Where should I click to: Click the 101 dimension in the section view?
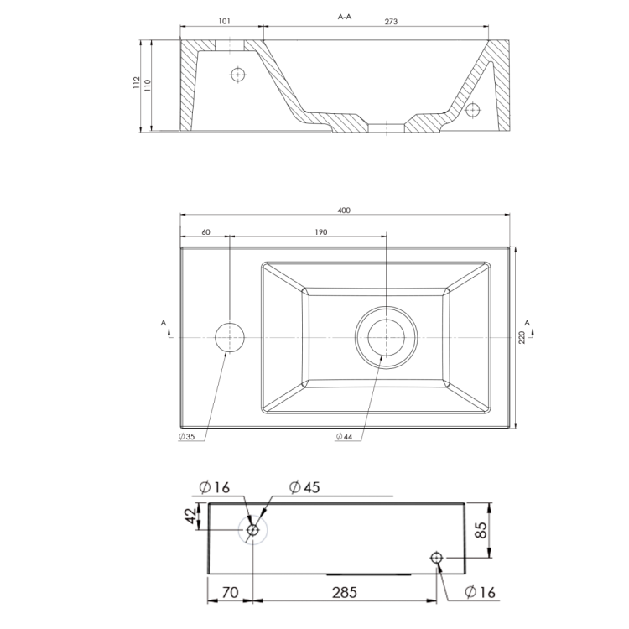point(224,23)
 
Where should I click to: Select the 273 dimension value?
point(391,23)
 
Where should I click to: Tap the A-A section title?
point(344,16)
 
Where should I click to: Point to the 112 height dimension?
point(136,84)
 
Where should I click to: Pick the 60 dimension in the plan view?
point(205,232)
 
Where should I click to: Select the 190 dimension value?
point(320,232)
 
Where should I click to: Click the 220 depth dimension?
point(521,336)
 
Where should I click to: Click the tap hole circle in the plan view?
point(229,336)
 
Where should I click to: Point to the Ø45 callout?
point(306,487)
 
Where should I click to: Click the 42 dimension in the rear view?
point(192,517)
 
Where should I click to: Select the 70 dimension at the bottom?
point(230,592)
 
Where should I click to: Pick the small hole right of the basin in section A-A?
point(473,109)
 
